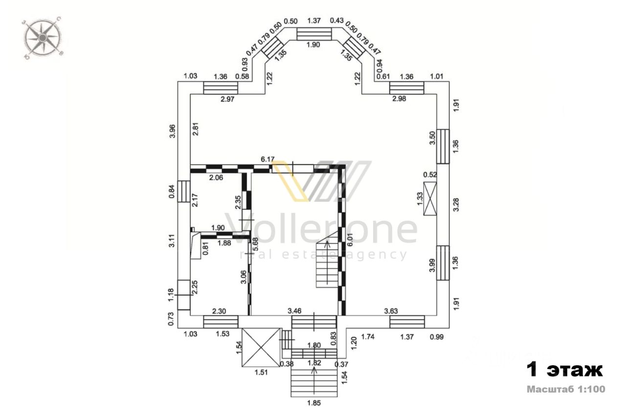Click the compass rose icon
[x=43, y=38]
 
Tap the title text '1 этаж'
[x=564, y=370]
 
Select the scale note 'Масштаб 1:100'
[x=566, y=390]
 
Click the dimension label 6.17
[x=268, y=159]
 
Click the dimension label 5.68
[x=254, y=244]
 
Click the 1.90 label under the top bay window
[x=313, y=44]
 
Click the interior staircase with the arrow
[x=327, y=264]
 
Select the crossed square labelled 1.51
[x=262, y=347]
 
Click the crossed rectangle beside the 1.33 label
[x=430, y=198]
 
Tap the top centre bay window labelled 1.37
[x=313, y=33]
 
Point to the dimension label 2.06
[x=216, y=177]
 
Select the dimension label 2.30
[x=218, y=310]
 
